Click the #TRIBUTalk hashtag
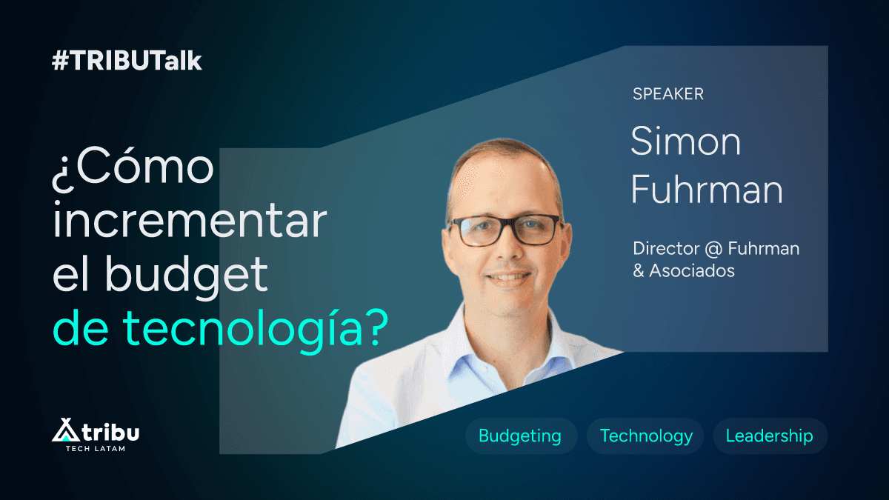click(x=127, y=61)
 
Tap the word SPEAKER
click(x=667, y=94)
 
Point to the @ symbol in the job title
click(x=713, y=248)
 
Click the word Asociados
click(x=692, y=270)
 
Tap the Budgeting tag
click(x=519, y=436)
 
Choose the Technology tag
click(x=646, y=436)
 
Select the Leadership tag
click(x=769, y=436)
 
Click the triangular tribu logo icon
click(x=64, y=430)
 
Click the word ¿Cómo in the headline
click(x=133, y=170)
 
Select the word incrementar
click(x=189, y=222)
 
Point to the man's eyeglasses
click(x=505, y=229)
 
